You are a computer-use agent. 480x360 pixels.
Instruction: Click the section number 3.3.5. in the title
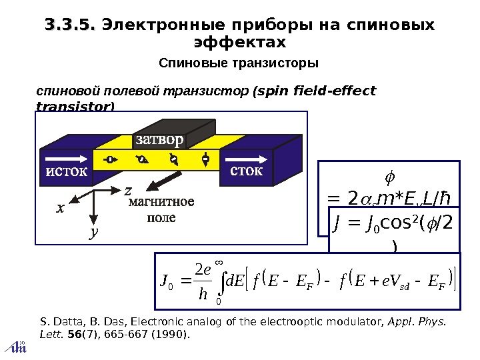[x=69, y=25]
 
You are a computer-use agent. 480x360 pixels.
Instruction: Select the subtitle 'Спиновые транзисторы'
[x=239, y=63]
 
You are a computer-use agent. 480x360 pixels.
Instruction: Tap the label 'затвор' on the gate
[x=158, y=140]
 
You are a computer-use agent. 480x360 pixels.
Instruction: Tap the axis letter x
[x=60, y=208]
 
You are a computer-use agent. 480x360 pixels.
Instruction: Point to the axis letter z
[x=127, y=191]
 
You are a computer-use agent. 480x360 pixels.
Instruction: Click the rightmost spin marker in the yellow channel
[x=206, y=159]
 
